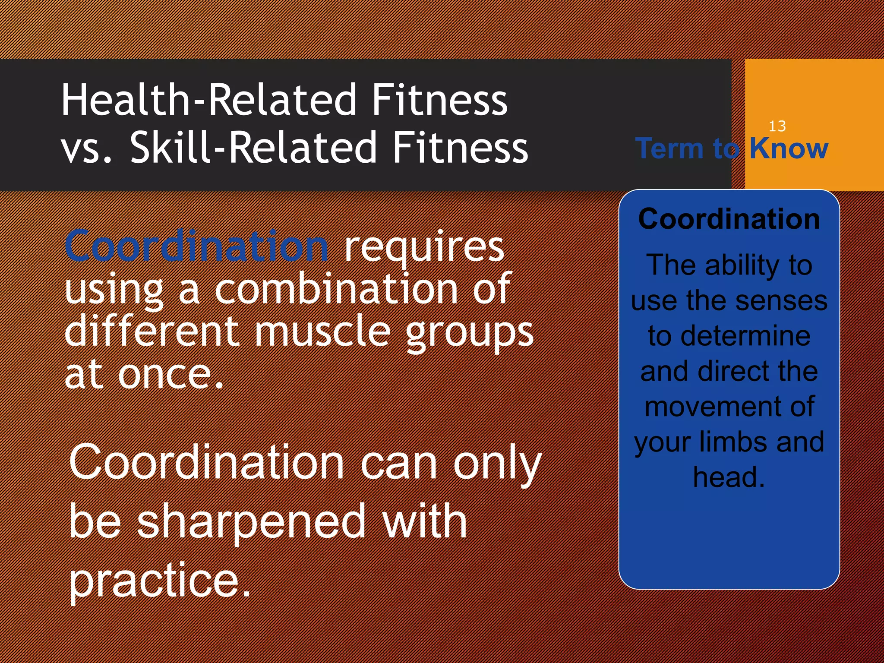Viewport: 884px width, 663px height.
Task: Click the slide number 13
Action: point(777,126)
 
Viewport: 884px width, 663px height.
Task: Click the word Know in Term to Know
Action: point(789,148)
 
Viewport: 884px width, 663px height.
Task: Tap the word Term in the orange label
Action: point(669,148)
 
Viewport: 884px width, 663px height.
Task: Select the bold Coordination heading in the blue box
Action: point(729,219)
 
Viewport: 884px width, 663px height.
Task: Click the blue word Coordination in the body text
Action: point(197,247)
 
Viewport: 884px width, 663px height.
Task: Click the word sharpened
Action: point(252,523)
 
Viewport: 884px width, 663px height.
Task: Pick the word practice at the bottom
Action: point(159,581)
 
